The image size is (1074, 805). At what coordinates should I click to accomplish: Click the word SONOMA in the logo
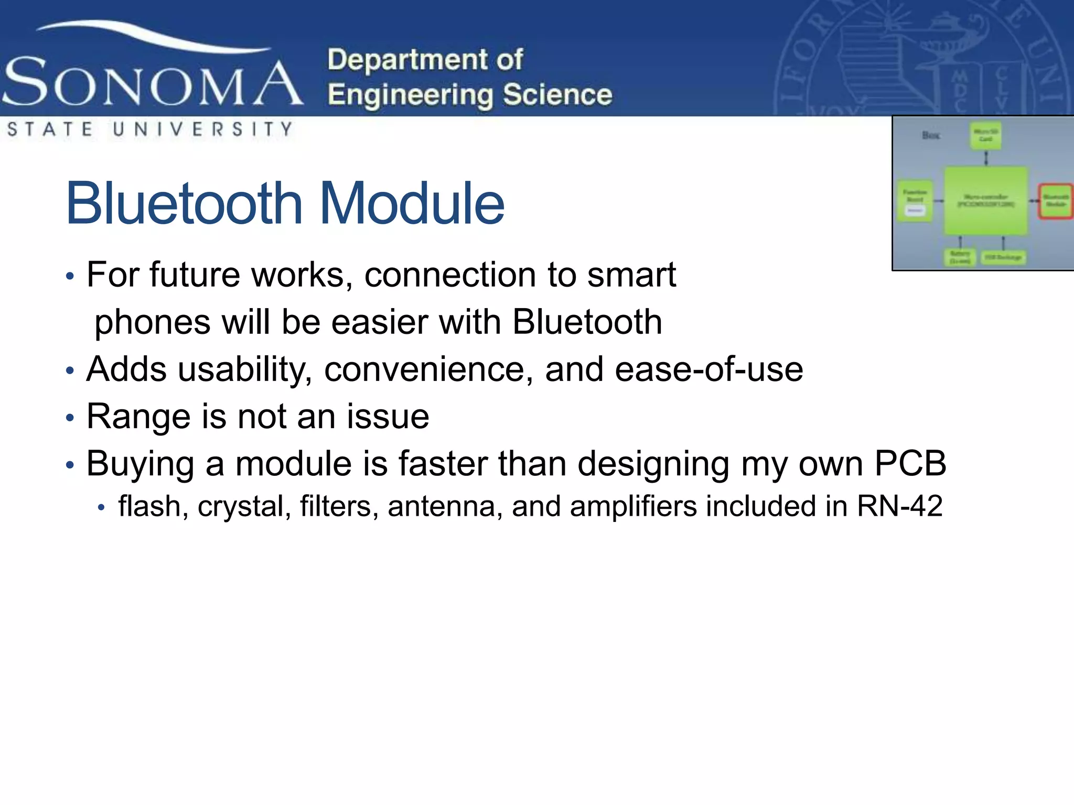tap(152, 83)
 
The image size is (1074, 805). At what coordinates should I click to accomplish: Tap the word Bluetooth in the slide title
tap(184, 203)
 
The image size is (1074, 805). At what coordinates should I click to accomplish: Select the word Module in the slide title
tap(412, 203)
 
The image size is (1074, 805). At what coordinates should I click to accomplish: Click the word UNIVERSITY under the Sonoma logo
tap(202, 129)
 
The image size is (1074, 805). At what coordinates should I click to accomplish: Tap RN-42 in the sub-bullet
tap(899, 506)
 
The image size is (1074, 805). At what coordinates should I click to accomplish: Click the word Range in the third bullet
tap(138, 417)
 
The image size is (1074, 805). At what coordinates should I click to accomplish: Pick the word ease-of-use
tap(708, 369)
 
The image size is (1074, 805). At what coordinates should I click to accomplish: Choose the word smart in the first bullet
tap(631, 275)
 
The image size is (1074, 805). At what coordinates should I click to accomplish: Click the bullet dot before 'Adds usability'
tap(70, 371)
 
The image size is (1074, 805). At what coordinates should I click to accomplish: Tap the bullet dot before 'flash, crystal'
tap(102, 507)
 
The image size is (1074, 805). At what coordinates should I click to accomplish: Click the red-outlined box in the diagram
tap(1056, 201)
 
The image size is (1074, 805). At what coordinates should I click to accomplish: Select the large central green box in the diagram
tap(986, 201)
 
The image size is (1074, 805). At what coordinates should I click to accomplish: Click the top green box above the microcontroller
tap(985, 136)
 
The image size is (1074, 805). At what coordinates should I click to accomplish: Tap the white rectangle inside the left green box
tap(915, 211)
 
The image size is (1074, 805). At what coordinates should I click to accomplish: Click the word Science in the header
tap(557, 95)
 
